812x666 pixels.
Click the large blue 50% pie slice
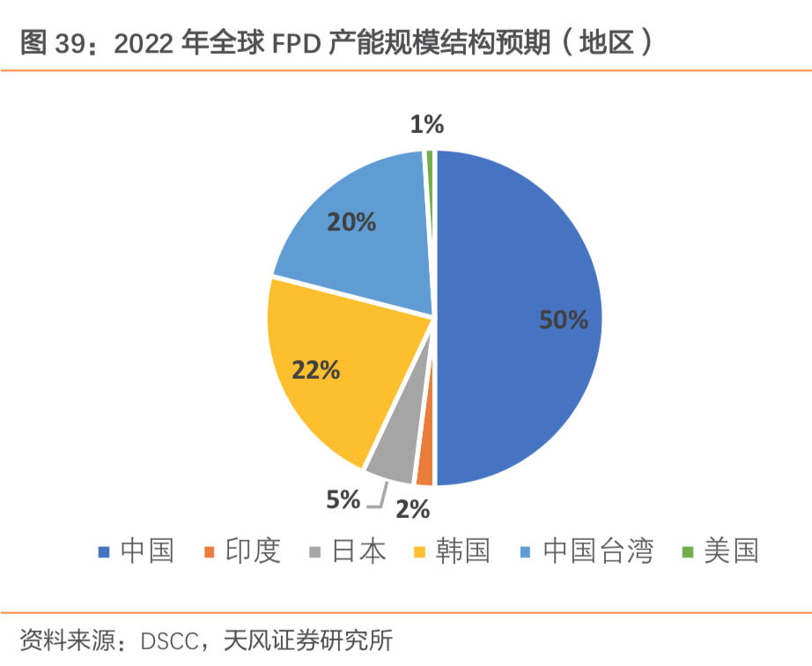520,264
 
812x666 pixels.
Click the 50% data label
564,320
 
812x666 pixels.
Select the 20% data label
351,222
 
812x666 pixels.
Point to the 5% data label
343,500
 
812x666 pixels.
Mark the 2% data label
412,509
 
